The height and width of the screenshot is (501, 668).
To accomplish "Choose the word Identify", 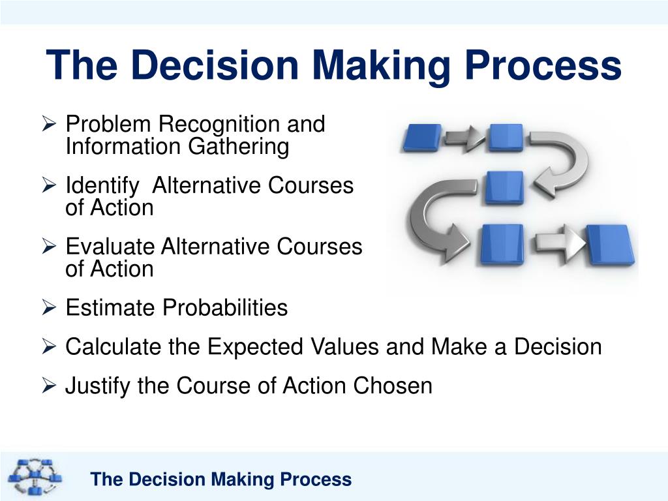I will point(102,186).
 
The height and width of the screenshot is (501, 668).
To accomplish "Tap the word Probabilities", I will point(224,307).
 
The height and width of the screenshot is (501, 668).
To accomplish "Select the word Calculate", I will point(114,346).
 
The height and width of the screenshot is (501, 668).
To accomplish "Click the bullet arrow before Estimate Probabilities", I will point(51,307).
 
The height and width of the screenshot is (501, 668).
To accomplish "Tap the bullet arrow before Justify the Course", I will point(51,386).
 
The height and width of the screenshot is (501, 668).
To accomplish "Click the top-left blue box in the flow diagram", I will point(422,138).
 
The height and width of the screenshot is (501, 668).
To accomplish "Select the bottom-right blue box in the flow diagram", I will point(609,244).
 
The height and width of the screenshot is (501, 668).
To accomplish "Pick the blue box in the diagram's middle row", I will point(505,187).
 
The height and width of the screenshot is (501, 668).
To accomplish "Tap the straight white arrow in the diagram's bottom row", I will point(557,244).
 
